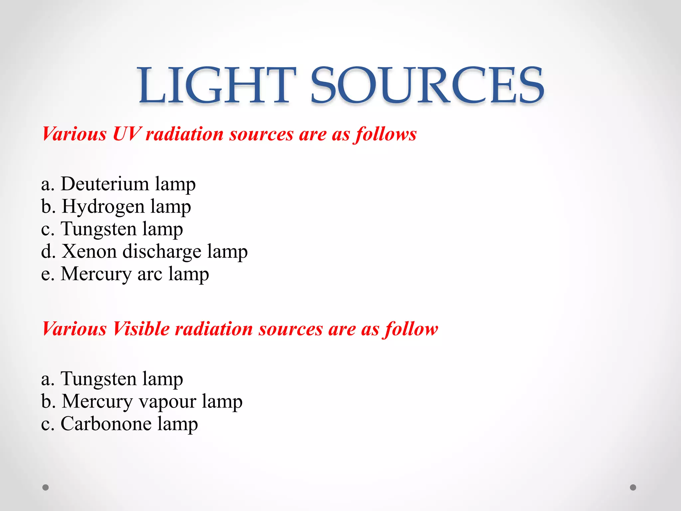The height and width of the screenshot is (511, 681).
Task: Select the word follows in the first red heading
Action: coord(385,134)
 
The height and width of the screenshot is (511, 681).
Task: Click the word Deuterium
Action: coord(105,184)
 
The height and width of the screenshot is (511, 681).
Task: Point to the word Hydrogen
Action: coord(103,206)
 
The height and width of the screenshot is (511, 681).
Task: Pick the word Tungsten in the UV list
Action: coord(98,229)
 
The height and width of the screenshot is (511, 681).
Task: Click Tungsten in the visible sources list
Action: coord(98,379)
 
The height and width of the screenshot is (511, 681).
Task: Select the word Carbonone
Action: coord(106,424)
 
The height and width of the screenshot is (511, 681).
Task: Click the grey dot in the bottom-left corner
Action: coord(46,487)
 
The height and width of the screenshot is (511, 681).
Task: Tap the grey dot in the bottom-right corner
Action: coord(633,487)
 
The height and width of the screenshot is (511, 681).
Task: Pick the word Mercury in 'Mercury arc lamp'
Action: coord(96,274)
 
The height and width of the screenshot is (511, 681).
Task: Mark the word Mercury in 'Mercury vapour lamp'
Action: coord(97,401)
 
